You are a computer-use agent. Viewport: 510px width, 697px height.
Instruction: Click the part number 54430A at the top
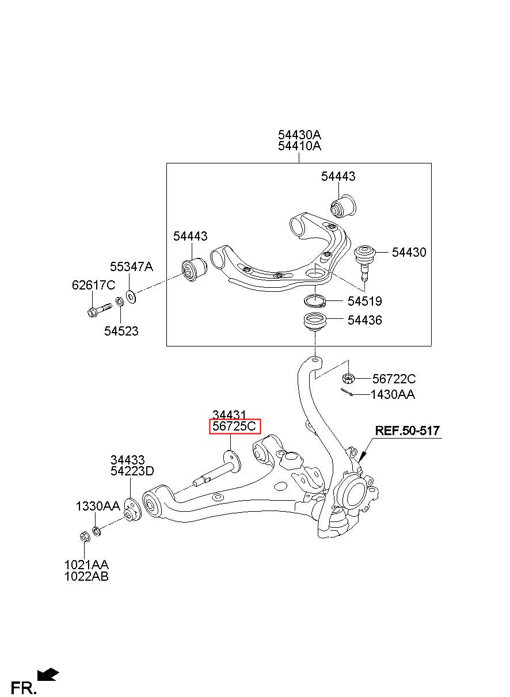[299, 135]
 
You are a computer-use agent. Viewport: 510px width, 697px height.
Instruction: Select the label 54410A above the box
[299, 146]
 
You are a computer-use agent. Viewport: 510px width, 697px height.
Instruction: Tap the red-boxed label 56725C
[234, 426]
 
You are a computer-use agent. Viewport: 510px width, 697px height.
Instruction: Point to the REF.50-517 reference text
[408, 431]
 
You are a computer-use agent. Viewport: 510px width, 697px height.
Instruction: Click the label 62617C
[93, 285]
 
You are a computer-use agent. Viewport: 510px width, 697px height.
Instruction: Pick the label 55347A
[132, 266]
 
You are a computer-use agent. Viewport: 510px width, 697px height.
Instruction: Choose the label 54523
[121, 332]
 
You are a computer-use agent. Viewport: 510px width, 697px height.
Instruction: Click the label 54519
[364, 301]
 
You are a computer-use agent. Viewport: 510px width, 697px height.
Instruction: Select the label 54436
[364, 320]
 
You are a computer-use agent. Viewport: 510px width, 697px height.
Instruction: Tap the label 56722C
[394, 379]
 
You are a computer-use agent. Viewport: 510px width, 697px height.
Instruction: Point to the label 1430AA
[392, 394]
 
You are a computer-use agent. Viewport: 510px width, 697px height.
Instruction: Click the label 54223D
[132, 471]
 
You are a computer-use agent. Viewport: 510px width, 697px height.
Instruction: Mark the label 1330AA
[98, 506]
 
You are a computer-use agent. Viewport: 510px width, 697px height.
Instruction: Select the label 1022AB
[86, 576]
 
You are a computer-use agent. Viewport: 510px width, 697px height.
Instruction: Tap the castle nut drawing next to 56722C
[347, 378]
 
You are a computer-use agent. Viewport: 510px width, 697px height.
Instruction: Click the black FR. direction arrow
[48, 674]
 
